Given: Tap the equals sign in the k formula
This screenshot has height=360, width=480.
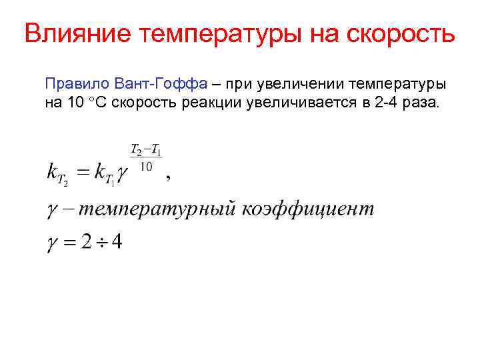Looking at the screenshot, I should pyautogui.click(x=81, y=173).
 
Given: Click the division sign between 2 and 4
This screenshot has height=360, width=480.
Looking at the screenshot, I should pyautogui.click(x=101, y=241).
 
